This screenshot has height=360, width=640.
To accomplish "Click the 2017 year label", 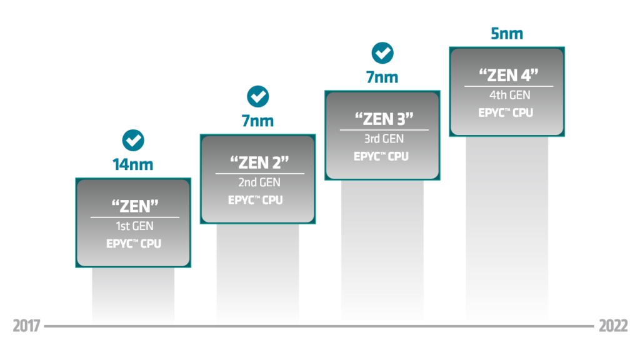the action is [x=26, y=326].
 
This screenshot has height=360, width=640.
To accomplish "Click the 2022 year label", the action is [x=613, y=326].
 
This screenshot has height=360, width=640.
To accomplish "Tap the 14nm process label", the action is [x=133, y=164].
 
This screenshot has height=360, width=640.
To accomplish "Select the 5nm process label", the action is [x=507, y=34].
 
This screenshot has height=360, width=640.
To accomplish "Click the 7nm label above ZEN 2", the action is [x=257, y=121].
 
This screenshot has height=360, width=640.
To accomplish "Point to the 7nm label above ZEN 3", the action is [x=382, y=77].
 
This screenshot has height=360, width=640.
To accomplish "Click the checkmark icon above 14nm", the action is [x=133, y=141].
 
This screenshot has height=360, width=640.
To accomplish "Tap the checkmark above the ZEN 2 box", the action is [x=258, y=97].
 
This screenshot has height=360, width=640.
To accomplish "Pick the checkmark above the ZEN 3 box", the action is [x=382, y=53].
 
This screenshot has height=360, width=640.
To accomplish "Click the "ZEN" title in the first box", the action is [x=135, y=206].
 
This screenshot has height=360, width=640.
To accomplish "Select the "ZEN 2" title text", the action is [x=259, y=162].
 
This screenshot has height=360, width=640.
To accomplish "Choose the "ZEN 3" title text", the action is [x=384, y=119].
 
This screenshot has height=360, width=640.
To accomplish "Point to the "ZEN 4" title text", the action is [x=509, y=75].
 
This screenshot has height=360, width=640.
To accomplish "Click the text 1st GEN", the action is [x=135, y=226].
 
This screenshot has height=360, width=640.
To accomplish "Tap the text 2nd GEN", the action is [x=259, y=182].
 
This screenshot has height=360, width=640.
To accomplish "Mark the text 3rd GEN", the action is [x=384, y=138].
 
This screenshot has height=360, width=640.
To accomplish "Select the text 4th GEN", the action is [x=510, y=95].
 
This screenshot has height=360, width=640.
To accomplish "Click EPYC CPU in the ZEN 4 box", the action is [x=506, y=112].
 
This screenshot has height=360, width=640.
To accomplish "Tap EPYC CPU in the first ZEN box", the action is [x=134, y=244].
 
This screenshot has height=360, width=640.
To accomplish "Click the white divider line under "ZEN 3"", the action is [x=384, y=130].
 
